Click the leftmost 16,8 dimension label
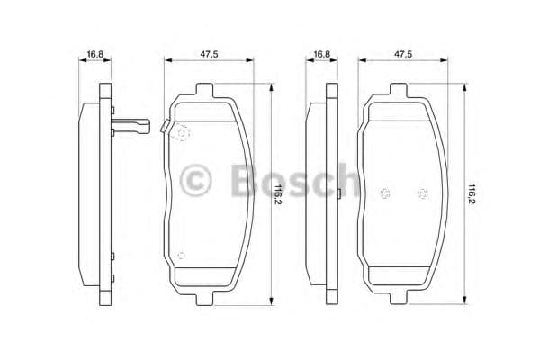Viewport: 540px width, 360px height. pos(94,54)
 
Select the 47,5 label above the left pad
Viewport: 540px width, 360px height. pos(208,54)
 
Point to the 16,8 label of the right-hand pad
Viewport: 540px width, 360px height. pos(320,54)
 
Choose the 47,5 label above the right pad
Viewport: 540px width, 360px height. pos(403,54)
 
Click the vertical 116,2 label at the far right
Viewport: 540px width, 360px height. pos(472,193)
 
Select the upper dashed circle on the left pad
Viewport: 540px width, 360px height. pos(183,133)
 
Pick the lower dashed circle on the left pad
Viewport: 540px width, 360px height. pos(181,256)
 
